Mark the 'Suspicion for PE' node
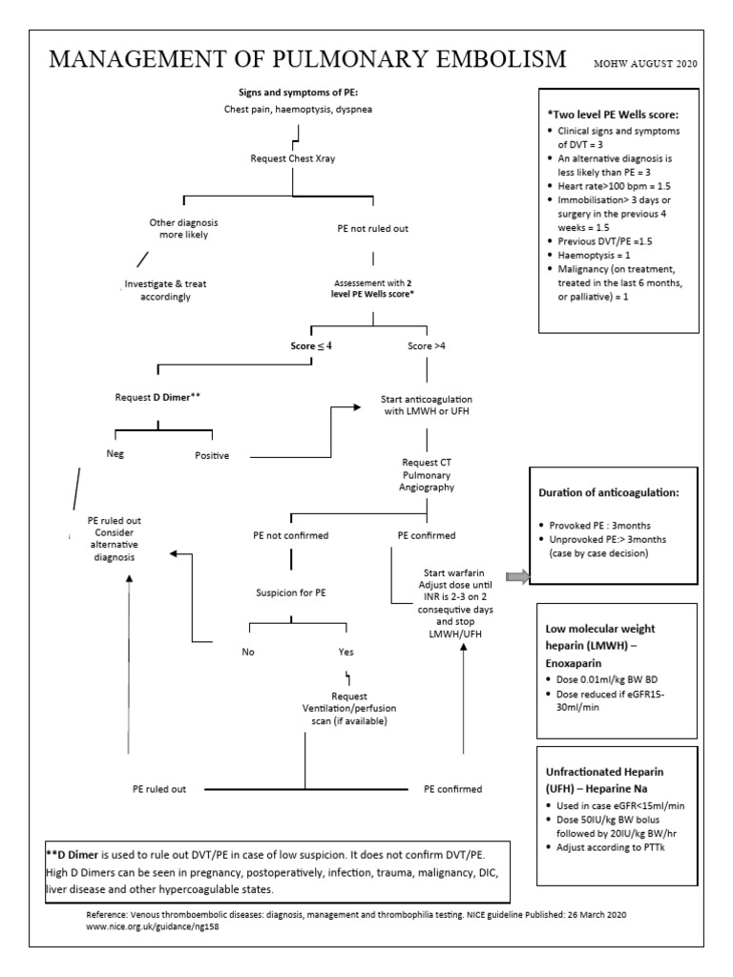pos(292,592)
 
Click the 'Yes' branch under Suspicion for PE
pos(346,654)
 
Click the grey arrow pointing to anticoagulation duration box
pos(516,576)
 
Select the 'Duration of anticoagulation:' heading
pos(610,493)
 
